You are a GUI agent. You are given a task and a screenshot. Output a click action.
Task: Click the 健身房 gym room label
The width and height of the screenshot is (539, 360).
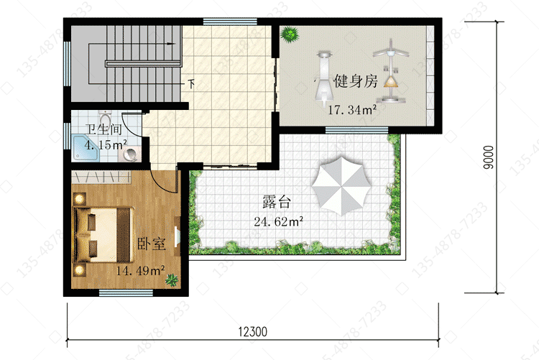tap(356, 81)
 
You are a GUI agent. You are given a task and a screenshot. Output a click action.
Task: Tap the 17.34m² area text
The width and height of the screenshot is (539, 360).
tap(352, 110)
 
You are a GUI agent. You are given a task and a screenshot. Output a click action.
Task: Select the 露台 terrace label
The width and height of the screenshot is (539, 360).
tap(277, 202)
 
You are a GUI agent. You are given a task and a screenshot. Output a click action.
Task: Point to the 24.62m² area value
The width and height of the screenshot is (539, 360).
tap(278, 221)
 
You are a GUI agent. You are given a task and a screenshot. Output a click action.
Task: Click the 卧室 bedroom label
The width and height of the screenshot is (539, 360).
tap(152, 244)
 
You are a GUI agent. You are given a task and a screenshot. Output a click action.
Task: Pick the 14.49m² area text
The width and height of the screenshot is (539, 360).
tap(140, 271)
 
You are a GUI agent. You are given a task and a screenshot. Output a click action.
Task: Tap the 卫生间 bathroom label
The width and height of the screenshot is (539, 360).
tap(103, 129)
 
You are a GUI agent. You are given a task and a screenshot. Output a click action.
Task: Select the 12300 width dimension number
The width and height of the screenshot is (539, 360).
tap(253, 332)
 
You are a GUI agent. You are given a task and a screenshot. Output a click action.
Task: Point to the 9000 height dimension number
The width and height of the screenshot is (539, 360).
tap(488, 157)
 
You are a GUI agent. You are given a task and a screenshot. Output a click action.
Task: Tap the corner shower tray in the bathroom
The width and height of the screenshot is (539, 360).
tap(86, 148)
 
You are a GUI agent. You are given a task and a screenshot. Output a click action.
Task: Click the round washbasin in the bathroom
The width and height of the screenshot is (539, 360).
tap(131, 154)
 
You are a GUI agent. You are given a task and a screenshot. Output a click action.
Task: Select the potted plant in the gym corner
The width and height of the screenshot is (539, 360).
tap(290, 34)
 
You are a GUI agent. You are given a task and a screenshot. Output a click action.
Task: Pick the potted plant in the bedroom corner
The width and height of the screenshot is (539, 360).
tap(172, 280)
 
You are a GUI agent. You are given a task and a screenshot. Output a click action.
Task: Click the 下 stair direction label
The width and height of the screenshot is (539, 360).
tap(191, 83)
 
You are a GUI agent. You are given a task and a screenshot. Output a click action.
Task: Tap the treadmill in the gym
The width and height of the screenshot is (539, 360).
tap(324, 78)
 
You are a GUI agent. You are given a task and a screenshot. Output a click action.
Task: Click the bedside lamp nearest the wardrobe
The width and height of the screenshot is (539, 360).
tap(80, 198)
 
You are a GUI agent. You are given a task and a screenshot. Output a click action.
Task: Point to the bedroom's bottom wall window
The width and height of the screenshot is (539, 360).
tap(126, 292)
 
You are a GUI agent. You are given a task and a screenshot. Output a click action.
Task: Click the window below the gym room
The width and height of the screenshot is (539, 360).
tap(356, 130)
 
